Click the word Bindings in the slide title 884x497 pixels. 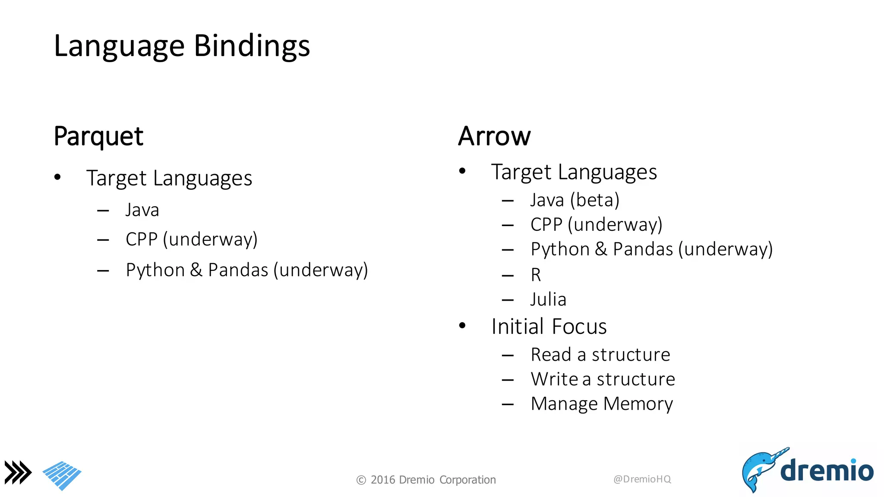pos(252,46)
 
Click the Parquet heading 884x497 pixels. pos(98,136)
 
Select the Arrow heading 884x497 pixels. pos(494,136)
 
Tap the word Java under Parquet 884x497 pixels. pos(142,210)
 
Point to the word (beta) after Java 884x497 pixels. pos(595,200)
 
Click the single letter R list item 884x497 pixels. pos(536,275)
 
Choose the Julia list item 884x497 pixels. pos(548,299)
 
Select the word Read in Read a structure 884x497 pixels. pos(551,355)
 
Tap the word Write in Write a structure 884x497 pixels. pos(554,379)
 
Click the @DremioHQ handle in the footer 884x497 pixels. pos(642,479)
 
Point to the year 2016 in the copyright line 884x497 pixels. pos(383,480)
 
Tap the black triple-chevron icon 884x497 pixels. pos(18,472)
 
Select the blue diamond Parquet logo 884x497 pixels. pos(62,475)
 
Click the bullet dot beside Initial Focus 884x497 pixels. pos(462,326)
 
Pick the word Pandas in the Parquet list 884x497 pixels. pos(238,270)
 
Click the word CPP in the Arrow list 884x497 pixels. pos(546,225)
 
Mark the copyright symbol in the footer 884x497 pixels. pos(361,480)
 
